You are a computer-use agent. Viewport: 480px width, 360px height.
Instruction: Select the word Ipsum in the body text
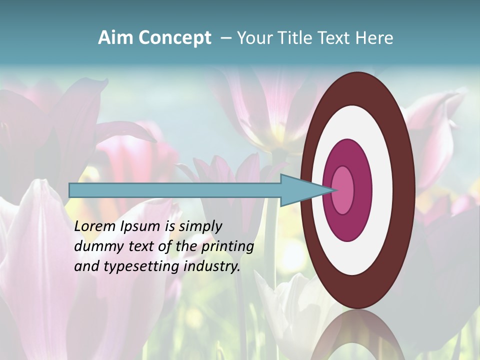pyautogui.click(x=140, y=227)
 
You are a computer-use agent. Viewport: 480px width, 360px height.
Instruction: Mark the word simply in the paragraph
pyautogui.click(x=200, y=227)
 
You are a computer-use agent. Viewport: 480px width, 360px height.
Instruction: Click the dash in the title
pyautogui.click(x=225, y=38)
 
